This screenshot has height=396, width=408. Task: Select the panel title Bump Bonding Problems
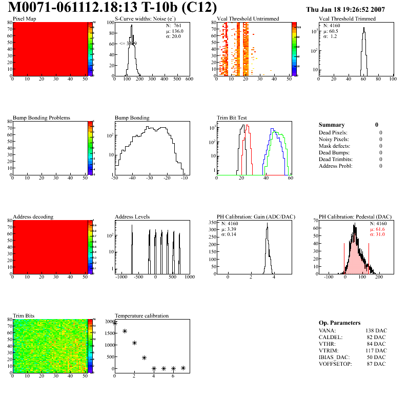[42, 118]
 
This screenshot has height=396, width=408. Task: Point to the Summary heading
[332, 125]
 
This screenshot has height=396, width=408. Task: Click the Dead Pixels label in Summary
[333, 132]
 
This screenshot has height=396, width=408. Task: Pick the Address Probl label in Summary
[335, 166]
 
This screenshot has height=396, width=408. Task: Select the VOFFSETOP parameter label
[335, 364]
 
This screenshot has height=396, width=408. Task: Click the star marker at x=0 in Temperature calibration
[115, 323]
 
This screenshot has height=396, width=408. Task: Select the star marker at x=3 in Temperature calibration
[144, 358]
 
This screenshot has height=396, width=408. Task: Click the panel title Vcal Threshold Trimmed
[347, 19]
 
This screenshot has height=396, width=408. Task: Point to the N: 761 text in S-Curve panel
[174, 25]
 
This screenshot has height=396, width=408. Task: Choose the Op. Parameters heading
[339, 323]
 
